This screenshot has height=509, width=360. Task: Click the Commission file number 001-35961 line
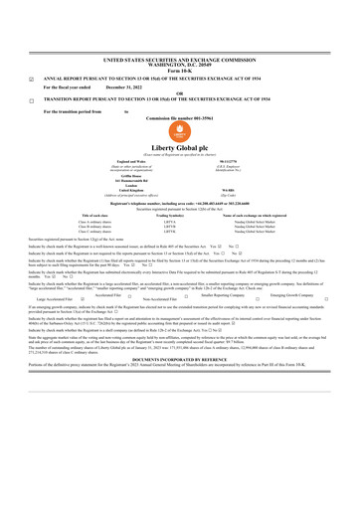[x=179, y=118]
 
